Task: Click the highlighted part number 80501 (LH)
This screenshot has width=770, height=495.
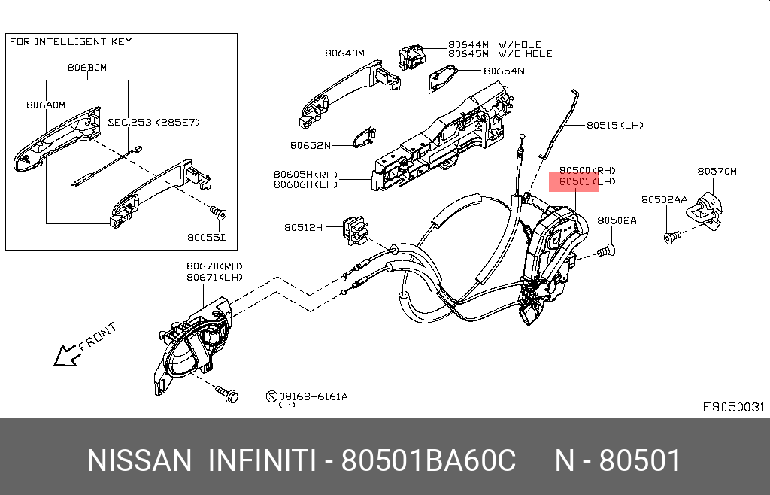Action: [573, 182]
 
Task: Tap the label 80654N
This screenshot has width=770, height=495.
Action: [504, 71]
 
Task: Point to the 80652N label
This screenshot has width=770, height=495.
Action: [310, 145]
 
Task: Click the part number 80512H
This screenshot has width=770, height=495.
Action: [303, 227]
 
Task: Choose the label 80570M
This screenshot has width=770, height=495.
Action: [717, 172]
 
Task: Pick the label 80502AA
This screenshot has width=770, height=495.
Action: [664, 200]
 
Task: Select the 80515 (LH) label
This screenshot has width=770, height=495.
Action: [614, 126]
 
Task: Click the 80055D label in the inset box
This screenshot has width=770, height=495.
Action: [207, 238]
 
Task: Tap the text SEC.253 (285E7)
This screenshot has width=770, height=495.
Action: [153, 122]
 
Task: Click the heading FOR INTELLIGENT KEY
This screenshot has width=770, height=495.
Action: [71, 42]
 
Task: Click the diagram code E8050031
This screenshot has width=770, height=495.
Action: [733, 407]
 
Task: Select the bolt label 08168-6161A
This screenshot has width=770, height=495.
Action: [313, 396]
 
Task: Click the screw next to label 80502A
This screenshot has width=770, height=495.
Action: [607, 251]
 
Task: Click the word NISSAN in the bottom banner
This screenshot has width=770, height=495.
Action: [139, 460]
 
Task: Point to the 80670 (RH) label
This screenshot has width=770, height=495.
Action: [215, 266]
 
